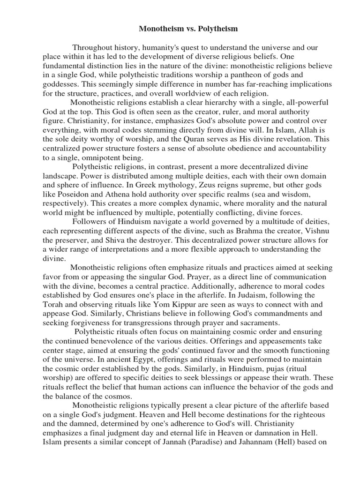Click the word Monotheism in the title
pyautogui.click(x=160, y=29)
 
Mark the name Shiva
pyautogui.click(x=110, y=240)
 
